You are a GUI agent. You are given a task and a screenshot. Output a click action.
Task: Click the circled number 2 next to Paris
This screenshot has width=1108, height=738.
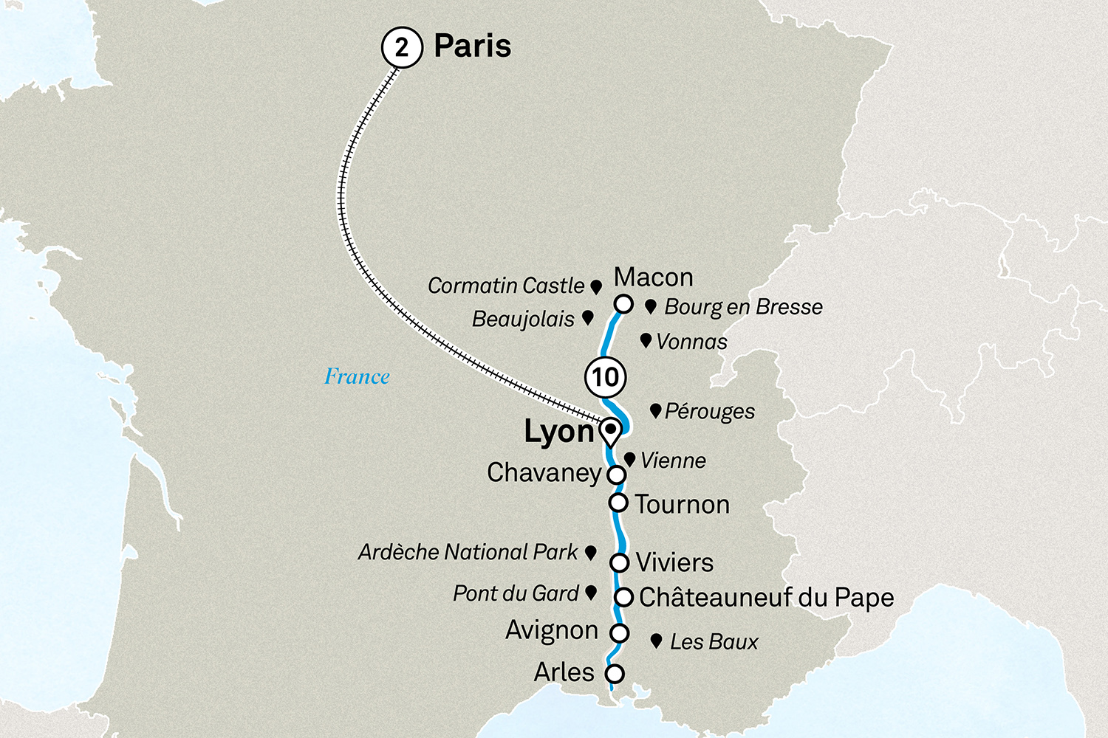pos(402,47)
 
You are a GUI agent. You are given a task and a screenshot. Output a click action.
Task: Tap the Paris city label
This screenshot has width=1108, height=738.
pos(472,46)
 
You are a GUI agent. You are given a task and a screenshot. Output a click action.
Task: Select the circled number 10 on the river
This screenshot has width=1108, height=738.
pos(605,377)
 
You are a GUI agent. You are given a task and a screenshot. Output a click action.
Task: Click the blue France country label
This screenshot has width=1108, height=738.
pos(357,376)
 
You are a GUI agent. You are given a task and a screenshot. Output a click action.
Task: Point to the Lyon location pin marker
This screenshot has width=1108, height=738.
pos(610,432)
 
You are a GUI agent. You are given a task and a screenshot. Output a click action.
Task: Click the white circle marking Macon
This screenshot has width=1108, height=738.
pos(623,304)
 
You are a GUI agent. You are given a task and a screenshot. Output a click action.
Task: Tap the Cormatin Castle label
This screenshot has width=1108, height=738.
pos(506,286)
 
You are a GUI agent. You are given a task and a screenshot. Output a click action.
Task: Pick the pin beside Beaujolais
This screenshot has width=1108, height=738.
pos(588,317)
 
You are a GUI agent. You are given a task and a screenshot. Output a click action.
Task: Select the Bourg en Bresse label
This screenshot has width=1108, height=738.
pos(743,307)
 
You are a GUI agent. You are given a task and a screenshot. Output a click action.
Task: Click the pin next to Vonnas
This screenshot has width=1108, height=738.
pos(646,340)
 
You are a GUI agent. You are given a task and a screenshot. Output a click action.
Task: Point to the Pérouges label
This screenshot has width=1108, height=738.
pos(709,412)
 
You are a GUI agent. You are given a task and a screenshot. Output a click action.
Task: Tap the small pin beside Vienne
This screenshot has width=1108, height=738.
pos(629,459)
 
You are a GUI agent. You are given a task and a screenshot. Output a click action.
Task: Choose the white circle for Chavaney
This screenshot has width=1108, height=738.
pos(616,475)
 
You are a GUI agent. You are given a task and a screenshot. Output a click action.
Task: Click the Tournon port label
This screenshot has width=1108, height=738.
pos(682,505)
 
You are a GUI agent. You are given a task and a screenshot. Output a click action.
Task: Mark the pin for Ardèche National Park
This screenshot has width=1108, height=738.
pos(590,552)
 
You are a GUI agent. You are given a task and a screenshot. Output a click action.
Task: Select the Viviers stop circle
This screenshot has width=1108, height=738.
pos(619,563)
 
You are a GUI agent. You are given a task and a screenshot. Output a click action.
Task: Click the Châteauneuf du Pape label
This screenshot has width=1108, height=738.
pos(766,597)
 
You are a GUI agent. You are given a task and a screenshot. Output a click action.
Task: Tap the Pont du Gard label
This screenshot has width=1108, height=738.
pos(516,593)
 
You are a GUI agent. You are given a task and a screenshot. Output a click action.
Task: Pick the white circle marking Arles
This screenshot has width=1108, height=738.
pos(614,673)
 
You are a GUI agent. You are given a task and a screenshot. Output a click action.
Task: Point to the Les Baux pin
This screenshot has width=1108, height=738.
pos(656,641)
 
